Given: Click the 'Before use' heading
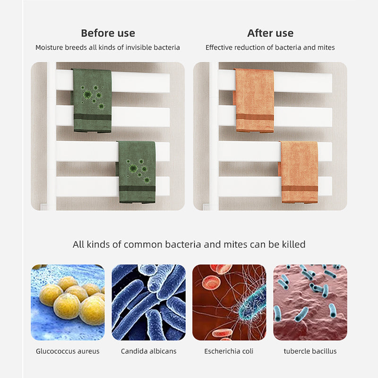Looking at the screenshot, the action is coord(108,33).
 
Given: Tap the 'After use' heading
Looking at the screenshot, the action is coord(270,33).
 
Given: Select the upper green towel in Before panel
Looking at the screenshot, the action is coord(92,101).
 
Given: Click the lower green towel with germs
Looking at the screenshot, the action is coord(137,172).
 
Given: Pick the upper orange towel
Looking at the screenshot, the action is coord(254,101).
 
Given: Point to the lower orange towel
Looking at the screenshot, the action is coord(299,172).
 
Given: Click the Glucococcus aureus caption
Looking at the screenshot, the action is coord(68,351).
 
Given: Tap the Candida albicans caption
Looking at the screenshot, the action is coord(148,351).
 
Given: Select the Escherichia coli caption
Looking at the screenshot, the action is coord(229,351).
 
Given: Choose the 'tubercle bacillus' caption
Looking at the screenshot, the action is coord(310,351).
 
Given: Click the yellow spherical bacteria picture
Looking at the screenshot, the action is coord(68,302).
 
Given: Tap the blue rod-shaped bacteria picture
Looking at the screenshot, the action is coord(148,302).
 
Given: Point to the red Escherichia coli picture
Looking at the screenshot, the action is coord(229,302).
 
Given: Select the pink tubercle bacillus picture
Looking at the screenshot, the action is coord(310,302).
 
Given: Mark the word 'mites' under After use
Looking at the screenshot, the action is coord(326,48).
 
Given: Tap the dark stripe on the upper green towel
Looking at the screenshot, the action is coord(93,117).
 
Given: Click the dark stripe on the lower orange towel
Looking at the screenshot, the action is coord(300,189).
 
